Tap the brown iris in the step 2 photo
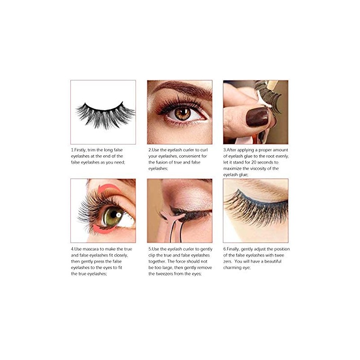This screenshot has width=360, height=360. (182, 114)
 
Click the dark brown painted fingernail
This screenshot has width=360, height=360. (257, 117)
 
